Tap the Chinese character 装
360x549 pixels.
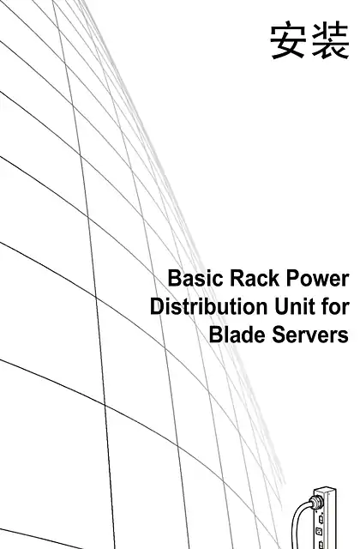330,40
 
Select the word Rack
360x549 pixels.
255,279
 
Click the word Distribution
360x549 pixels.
208,307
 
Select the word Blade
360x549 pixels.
237,335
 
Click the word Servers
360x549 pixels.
310,335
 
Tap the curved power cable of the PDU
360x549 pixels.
295,518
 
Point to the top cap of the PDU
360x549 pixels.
325,490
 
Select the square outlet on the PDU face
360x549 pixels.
319,532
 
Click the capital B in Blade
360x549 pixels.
215,335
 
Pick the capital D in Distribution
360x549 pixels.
157,307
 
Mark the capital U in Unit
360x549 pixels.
281,307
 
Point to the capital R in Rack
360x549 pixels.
237,279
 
